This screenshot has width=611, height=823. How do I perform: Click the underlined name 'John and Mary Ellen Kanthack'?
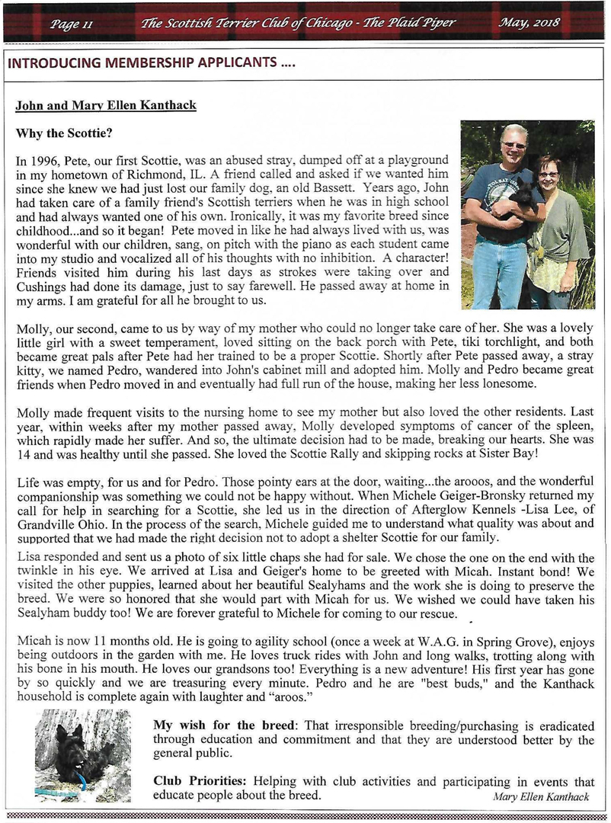click(x=106, y=105)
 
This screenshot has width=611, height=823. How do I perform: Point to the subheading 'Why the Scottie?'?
click(x=64, y=133)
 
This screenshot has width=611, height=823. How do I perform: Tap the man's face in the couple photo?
click(x=513, y=144)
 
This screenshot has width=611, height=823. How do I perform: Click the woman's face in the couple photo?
click(x=548, y=174)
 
